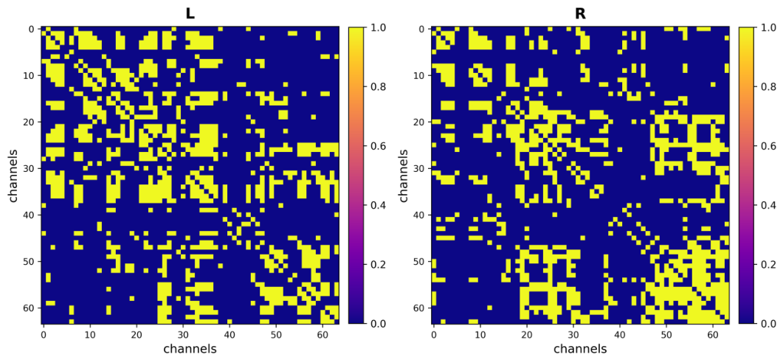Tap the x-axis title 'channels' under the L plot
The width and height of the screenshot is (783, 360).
(x=190, y=348)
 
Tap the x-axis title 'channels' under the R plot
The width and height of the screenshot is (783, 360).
(x=580, y=348)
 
